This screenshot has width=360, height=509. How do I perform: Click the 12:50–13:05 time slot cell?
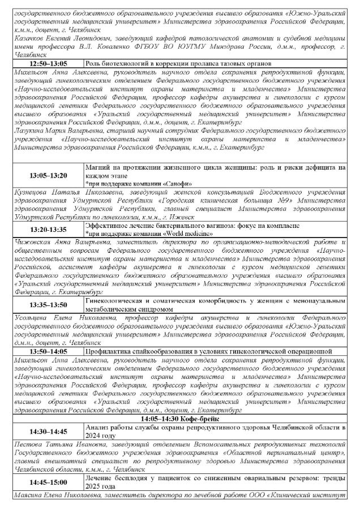click(x=48, y=64)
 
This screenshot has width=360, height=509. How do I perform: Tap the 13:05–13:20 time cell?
click(x=48, y=175)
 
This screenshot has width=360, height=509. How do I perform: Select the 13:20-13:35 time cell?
click(x=48, y=229)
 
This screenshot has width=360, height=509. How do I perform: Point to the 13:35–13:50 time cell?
click(x=48, y=305)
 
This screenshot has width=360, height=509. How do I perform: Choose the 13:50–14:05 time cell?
click(x=48, y=351)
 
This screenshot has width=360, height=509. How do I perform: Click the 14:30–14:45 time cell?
click(x=48, y=432)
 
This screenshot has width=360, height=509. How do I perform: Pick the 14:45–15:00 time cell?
click(x=48, y=482)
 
